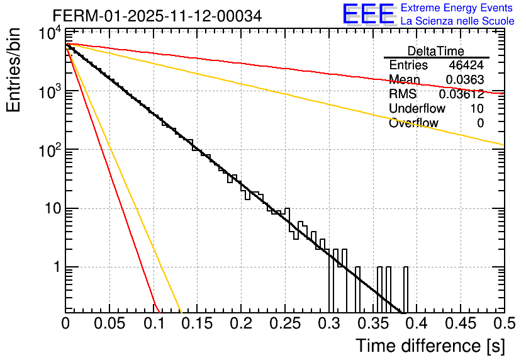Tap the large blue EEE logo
pos(368,14)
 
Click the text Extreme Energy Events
pos(457,8)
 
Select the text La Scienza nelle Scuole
pos(457,21)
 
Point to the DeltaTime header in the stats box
pos(436,51)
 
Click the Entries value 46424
pos(466,65)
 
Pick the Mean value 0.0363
pos(465,80)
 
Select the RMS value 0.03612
pos(461,94)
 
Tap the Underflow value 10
pos(477,109)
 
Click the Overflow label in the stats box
pos(413,123)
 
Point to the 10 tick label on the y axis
pos(50,208)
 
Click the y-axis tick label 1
pos(55,267)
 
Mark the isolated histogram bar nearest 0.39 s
pos(406,290)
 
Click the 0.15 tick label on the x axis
pos(197,324)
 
